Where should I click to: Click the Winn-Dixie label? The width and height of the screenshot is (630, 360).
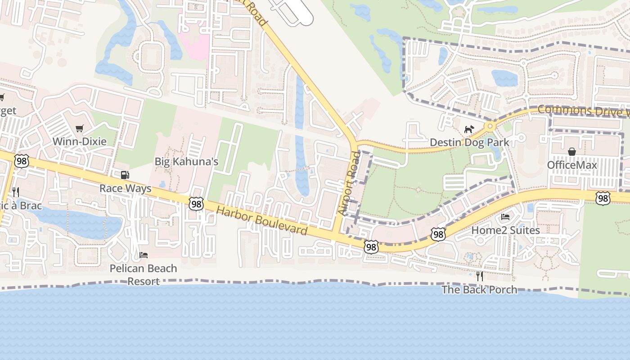click(x=80, y=141)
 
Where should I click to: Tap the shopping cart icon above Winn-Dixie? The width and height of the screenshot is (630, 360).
click(x=80, y=129)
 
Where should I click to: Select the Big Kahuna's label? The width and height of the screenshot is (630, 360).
click(x=186, y=162)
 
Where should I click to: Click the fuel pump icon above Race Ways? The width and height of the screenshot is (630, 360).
click(x=125, y=175)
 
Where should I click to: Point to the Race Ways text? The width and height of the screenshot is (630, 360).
click(x=125, y=188)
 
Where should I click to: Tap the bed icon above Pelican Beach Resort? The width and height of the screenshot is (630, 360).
click(x=144, y=255)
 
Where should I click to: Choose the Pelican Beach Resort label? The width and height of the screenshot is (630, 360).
click(x=144, y=274)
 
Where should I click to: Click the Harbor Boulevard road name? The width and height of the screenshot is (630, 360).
click(x=261, y=220)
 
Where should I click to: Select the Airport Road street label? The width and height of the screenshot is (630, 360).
click(x=349, y=184)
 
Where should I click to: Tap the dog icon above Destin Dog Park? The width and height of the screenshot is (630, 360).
click(x=469, y=130)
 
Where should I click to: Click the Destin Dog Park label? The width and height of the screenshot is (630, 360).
click(x=469, y=143)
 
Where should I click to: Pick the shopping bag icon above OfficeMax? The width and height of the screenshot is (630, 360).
click(x=571, y=152)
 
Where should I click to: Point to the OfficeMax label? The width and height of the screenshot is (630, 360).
click(x=571, y=165)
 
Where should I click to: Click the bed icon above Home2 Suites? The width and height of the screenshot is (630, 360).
click(x=505, y=217)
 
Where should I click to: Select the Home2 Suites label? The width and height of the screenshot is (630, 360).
click(x=505, y=230)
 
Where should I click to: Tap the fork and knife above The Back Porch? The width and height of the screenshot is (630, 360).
click(x=479, y=276)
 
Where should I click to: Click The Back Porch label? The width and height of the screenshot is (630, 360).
click(x=479, y=289)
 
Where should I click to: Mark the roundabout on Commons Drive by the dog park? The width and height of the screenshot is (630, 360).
click(x=490, y=126)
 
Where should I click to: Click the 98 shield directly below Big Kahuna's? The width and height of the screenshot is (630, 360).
click(x=196, y=204)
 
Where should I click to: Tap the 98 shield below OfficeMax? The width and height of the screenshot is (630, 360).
click(x=603, y=198)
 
